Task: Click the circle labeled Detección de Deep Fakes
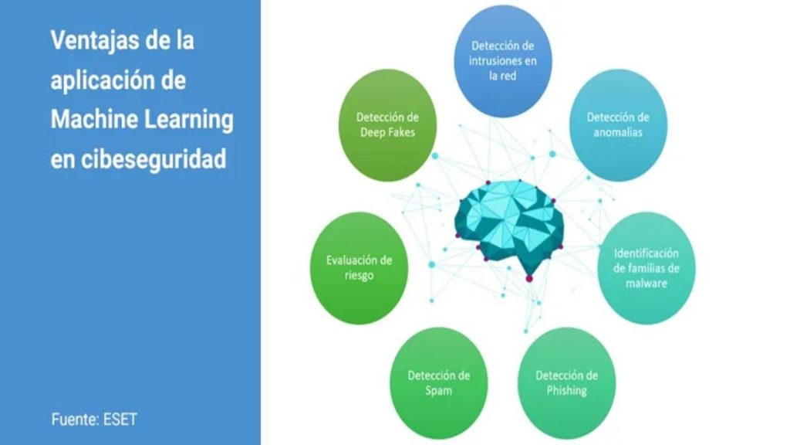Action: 387,125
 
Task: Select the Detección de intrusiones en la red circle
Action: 503,61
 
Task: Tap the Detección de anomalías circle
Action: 618,125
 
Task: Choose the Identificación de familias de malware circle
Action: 647,268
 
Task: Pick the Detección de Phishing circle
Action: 567,383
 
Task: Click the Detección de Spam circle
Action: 439,383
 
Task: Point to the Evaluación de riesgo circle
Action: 359,268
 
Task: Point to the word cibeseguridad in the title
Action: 154,159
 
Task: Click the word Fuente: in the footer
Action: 75,420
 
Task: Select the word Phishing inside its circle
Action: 567,391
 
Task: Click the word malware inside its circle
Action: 647,283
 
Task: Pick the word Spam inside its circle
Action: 438,391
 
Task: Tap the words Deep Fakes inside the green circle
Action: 387,133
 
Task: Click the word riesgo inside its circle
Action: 359,276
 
